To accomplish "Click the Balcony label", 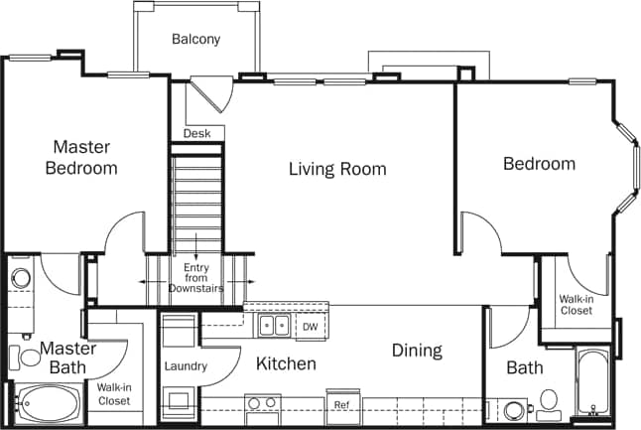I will click(195, 40).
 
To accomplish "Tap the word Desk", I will click(196, 133).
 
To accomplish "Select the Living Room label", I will click(337, 169).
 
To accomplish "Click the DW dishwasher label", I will click(310, 326).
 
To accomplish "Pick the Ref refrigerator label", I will click(341, 405).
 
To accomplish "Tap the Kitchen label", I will click(286, 364).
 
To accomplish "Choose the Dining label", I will click(417, 351).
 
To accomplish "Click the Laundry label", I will click(186, 366).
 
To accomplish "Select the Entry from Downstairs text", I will click(194, 278).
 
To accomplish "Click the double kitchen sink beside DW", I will click(274, 325).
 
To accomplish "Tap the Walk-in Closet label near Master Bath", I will click(113, 394).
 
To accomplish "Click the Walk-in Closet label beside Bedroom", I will click(576, 304).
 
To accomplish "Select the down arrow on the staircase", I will click(196, 247).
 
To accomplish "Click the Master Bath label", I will click(67, 358).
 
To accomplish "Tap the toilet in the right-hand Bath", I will click(547, 403).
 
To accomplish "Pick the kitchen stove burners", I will click(261, 404).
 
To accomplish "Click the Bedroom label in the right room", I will click(539, 164).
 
